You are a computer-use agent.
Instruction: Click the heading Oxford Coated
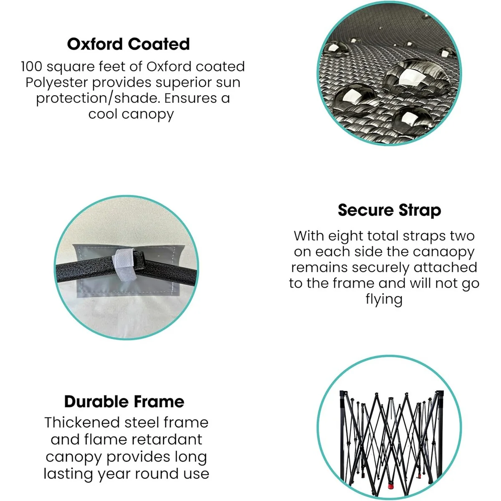[x=129, y=44]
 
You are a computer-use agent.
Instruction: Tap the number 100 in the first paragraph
[x=31, y=66]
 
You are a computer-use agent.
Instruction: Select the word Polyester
[x=57, y=83]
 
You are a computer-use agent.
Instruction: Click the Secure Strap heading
[x=389, y=210]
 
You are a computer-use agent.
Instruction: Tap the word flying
[x=384, y=299]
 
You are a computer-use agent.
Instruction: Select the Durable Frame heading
[x=124, y=402]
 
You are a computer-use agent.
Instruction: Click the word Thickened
[x=82, y=423]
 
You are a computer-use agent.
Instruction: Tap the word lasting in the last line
[x=68, y=474]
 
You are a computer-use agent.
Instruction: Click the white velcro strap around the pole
[x=124, y=265]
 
